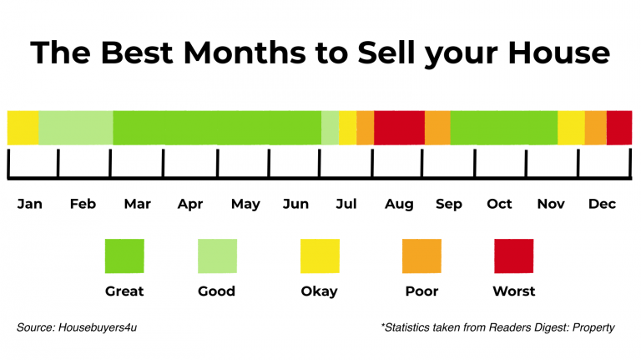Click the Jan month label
point(29,204)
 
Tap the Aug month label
point(399,204)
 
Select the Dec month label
point(602,204)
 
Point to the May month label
point(245,204)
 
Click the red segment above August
point(399,127)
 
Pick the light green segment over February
point(75,127)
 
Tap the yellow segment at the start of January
point(23,127)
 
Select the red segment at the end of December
point(619,127)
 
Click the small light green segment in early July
point(330,127)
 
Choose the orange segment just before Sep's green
point(437,127)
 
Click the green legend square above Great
point(124,256)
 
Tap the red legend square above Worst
point(513,256)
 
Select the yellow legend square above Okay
point(320,256)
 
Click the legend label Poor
point(421,292)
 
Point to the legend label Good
point(216,292)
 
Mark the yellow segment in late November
point(571,127)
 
